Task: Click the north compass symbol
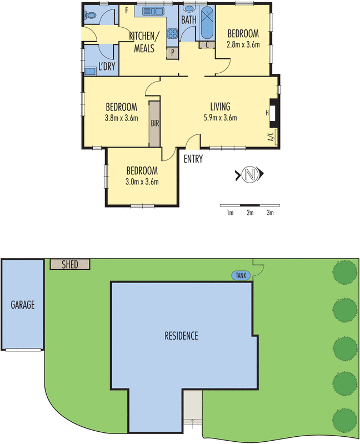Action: [249, 175]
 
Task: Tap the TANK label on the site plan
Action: [241, 275]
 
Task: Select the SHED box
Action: [70, 264]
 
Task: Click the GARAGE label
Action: [22, 305]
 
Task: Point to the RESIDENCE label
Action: [181, 336]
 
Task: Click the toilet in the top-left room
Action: [91, 15]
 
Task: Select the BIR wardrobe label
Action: [154, 123]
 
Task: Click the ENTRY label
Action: [193, 159]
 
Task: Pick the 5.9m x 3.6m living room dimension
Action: [220, 117]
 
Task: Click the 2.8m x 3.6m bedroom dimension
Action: [243, 45]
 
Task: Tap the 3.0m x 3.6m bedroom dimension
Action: [142, 181]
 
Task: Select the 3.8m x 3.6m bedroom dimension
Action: [121, 117]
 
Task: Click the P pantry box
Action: [173, 53]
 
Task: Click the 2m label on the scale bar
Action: [250, 213]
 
